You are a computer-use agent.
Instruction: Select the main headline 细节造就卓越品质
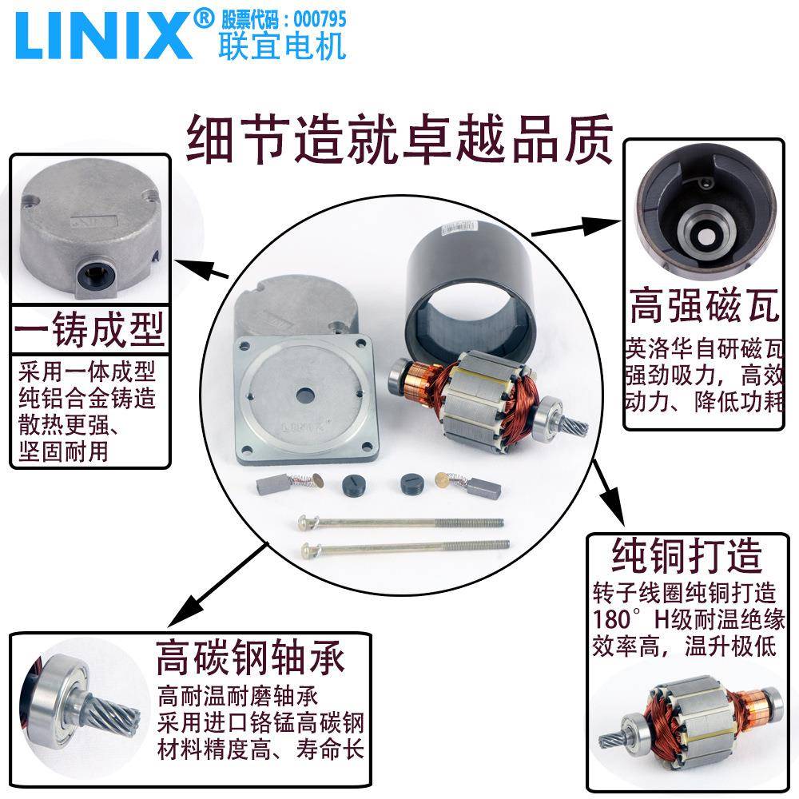coord(399,137)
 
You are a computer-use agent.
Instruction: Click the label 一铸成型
coord(89,329)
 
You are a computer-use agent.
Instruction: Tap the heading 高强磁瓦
coord(703,306)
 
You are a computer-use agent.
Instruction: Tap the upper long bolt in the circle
coord(399,522)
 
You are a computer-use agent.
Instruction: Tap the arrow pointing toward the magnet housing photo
coord(575,226)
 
